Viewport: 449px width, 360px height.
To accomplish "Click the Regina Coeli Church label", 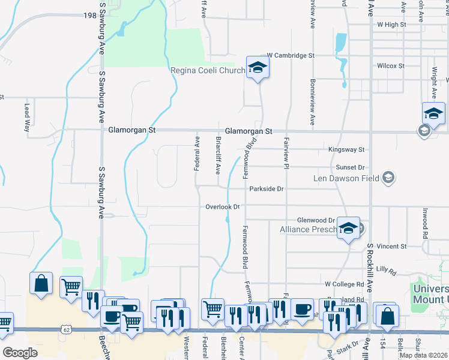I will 208,71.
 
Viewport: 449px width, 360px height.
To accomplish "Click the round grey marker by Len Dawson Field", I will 388,177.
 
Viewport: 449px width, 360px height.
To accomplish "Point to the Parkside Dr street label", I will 267,188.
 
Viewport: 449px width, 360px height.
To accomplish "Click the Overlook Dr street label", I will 223,207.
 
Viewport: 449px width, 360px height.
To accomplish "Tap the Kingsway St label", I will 346,149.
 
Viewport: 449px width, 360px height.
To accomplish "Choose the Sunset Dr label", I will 351,169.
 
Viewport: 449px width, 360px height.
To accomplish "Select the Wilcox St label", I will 390,66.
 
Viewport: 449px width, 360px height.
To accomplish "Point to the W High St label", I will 391,25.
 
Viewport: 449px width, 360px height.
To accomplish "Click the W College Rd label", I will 344,284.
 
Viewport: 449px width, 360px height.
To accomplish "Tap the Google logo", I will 20,353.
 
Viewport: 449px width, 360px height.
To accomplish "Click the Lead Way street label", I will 26,117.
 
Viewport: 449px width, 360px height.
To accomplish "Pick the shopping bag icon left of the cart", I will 41,283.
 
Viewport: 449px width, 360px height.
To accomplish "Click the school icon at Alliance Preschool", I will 348,228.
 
